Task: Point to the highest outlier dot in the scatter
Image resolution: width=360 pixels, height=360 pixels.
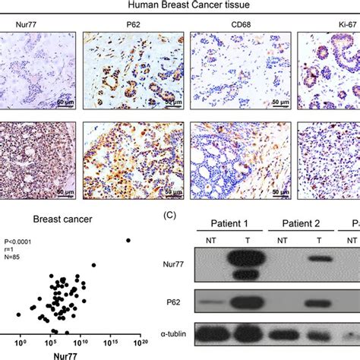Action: point(128,241)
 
